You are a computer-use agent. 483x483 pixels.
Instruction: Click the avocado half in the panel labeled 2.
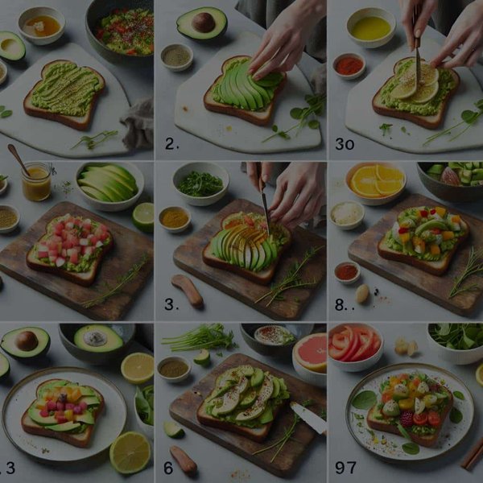(x=202, y=23)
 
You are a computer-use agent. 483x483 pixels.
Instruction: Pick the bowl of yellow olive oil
(x=370, y=28)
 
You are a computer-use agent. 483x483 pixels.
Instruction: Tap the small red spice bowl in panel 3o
(x=349, y=65)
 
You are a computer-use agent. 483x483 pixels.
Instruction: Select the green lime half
(x=143, y=216)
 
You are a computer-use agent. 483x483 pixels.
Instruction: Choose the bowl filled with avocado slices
(x=109, y=184)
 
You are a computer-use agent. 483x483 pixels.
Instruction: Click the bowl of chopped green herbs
(x=200, y=184)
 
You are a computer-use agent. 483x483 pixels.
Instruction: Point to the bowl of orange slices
(x=376, y=182)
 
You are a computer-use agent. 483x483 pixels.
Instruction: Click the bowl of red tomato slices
(x=355, y=344)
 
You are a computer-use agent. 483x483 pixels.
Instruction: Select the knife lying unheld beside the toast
(x=308, y=417)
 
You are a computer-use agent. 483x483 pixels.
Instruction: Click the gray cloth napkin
(x=138, y=121)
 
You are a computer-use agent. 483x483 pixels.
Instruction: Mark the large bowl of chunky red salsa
(x=122, y=31)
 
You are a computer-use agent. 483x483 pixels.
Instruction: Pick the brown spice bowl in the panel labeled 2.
(x=176, y=56)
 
